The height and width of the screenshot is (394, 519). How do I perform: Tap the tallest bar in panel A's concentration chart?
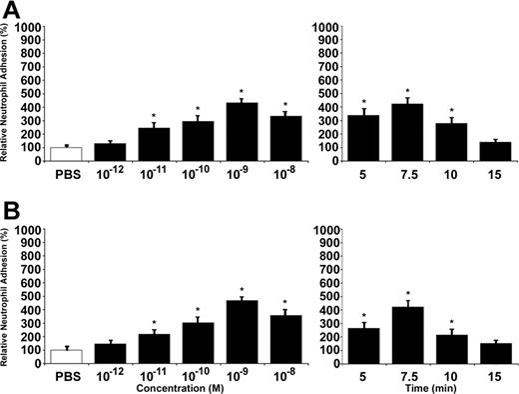(x=243, y=132)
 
